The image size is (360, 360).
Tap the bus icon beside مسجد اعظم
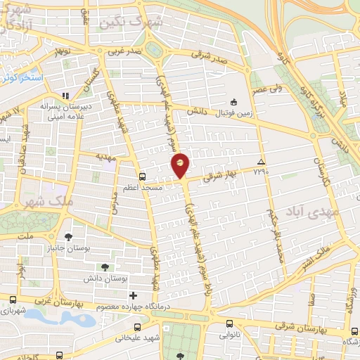pyautogui.click(x=143, y=176)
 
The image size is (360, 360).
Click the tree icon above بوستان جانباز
pyautogui.click(x=67, y=237)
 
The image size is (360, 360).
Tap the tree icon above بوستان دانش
pyautogui.click(x=104, y=266)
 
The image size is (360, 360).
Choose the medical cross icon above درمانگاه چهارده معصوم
pyautogui.click(x=132, y=296)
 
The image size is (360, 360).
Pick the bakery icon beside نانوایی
pyautogui.click(x=230, y=324)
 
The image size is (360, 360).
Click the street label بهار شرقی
pyautogui.click(x=218, y=177)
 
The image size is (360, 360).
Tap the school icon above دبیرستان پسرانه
pyautogui.click(x=65, y=96)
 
